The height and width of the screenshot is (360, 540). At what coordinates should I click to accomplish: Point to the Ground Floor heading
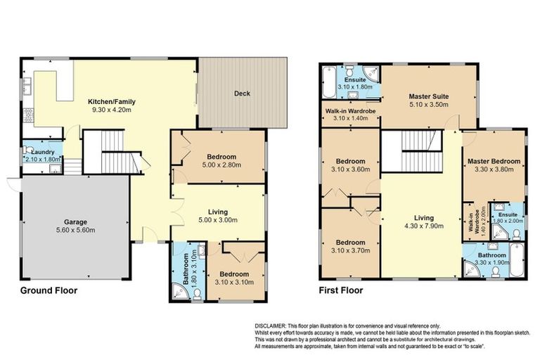[x=48, y=290]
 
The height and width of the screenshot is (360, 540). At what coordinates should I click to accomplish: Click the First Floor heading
[x=340, y=290]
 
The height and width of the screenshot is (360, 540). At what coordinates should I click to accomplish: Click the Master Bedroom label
[x=494, y=161]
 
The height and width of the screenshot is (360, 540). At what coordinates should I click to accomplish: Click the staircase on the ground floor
[x=109, y=146]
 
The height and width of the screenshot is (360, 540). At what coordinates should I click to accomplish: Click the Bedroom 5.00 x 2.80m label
[x=221, y=156]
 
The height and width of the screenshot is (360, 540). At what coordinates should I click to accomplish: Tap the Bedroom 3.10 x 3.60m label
[x=349, y=160]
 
